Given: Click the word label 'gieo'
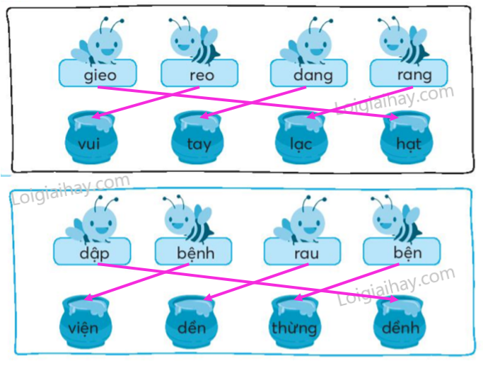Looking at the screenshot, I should tap(98, 74).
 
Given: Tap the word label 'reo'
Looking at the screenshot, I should tap(199, 74).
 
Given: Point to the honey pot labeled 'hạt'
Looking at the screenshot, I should tap(404, 139).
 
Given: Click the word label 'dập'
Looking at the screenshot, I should tap(95, 252).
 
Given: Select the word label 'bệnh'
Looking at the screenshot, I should tap(193, 252).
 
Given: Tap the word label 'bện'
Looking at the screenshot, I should tap(401, 252).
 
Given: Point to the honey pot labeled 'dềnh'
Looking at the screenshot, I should tap(400, 322).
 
